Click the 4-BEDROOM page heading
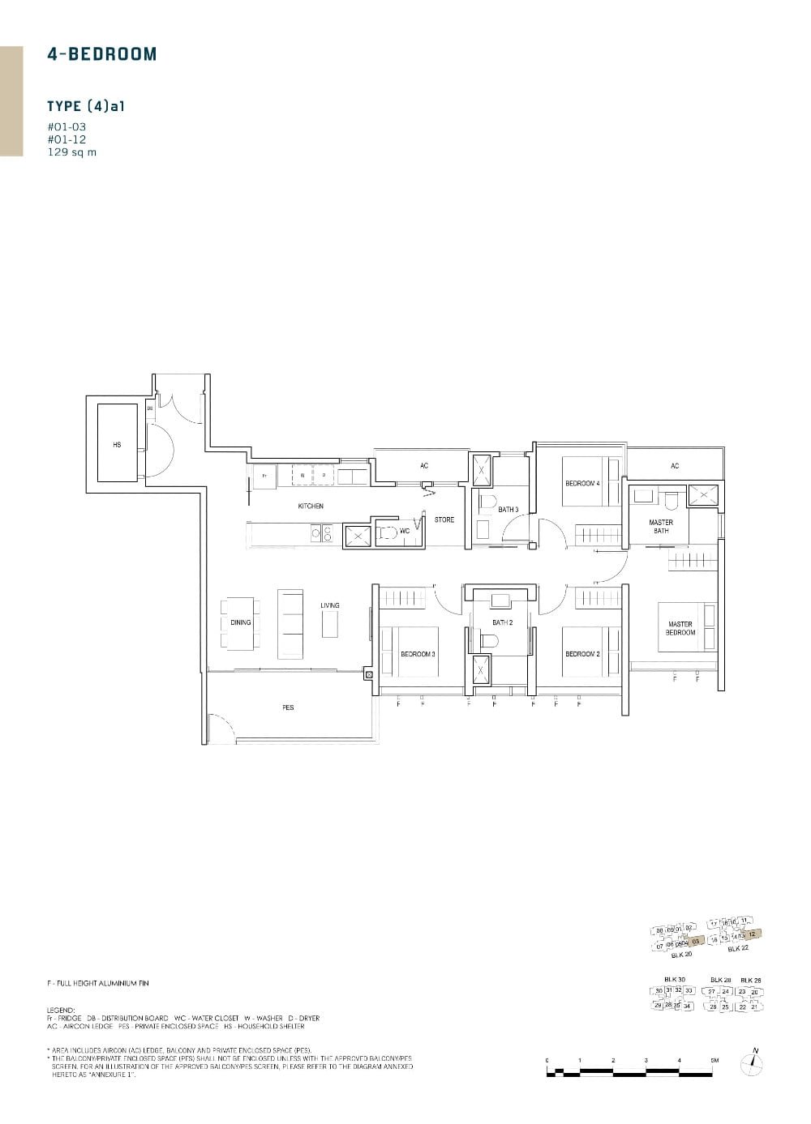coord(102,54)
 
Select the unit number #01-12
coord(67,139)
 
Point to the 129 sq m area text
coord(71,152)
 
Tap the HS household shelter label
coord(117,445)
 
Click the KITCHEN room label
coord(311,506)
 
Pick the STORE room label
coord(444,519)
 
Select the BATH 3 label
coord(508,510)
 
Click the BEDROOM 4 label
coord(582,484)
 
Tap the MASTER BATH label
coord(661,527)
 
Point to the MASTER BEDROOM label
coord(680,628)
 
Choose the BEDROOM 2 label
coord(582,654)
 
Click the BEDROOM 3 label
coord(418,654)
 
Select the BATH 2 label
coord(503,622)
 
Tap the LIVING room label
coord(330,605)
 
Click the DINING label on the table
coord(241,622)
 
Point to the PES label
coord(288,707)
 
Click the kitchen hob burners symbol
coord(322,533)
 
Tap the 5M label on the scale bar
coord(714,1060)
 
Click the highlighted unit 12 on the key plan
coord(753,934)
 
